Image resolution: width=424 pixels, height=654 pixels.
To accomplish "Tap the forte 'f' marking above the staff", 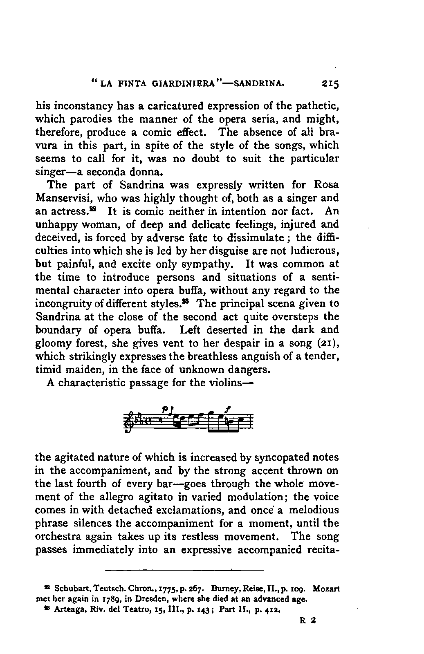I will [226, 408].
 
